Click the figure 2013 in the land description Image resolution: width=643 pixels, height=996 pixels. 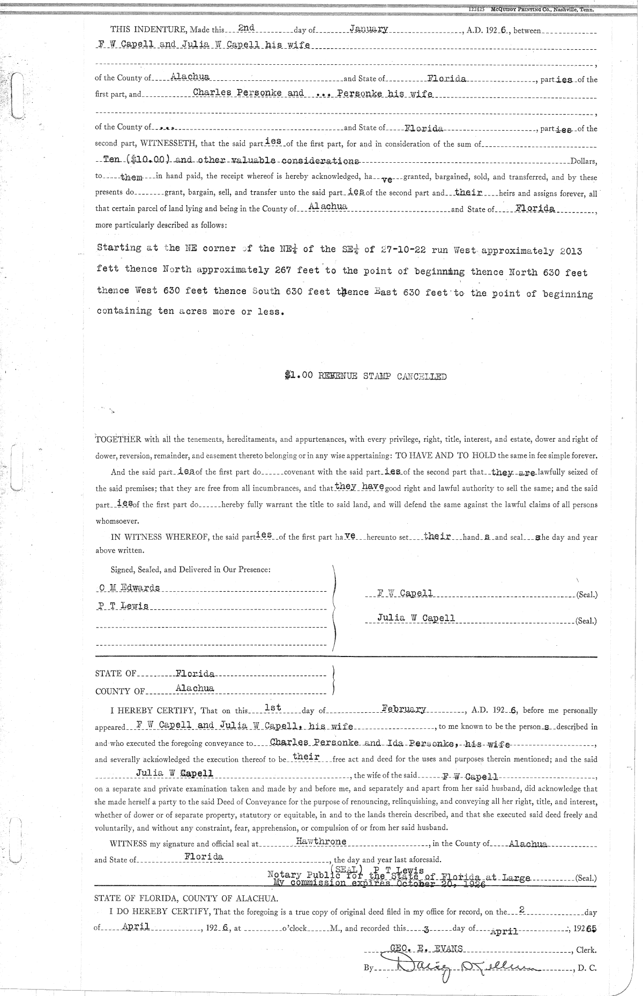tap(571, 251)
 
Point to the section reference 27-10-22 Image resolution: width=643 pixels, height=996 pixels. tap(402, 250)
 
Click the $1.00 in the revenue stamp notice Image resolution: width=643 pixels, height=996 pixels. tap(298, 376)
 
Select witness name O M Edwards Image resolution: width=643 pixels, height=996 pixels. tap(130, 587)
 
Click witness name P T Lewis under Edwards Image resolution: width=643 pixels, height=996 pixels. tap(124, 606)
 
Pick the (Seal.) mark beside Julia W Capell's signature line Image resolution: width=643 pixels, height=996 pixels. tap(586, 621)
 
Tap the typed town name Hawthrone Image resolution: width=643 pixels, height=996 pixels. tap(321, 841)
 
